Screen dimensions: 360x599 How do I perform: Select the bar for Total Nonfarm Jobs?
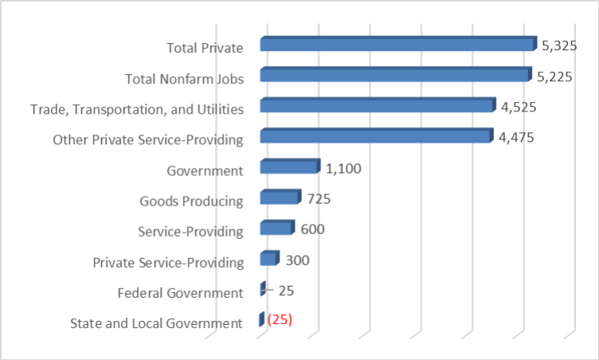pyautogui.click(x=394, y=75)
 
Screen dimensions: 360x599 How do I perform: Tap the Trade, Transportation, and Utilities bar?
pyautogui.click(x=377, y=106)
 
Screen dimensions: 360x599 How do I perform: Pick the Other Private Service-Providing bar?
pyautogui.click(x=375, y=137)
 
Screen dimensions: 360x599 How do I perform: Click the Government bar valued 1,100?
pyautogui.click(x=289, y=167)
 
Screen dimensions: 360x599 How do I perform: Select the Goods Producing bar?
pyautogui.click(x=280, y=198)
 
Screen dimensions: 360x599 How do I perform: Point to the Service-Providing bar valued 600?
pyautogui.click(x=276, y=229)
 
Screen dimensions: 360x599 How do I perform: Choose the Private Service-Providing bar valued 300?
pyautogui.click(x=268, y=260)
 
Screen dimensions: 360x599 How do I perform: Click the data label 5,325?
pyautogui.click(x=559, y=46)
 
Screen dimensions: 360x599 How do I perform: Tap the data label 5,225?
pyautogui.click(x=555, y=77)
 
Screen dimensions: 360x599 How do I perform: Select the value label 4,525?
pyautogui.click(x=519, y=108)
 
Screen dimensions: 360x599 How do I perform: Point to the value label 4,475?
pyautogui.click(x=515, y=139)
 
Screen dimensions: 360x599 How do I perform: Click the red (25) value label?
pyautogui.click(x=280, y=320)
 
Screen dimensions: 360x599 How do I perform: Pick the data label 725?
pyautogui.click(x=319, y=199)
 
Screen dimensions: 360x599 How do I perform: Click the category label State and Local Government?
pyautogui.click(x=156, y=323)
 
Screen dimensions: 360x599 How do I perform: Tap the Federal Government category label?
pyautogui.click(x=179, y=293)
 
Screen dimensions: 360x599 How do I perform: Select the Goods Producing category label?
pyautogui.click(x=190, y=201)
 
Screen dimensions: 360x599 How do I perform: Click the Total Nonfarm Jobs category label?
pyautogui.click(x=184, y=78)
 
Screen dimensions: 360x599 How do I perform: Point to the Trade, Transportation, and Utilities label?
pyautogui.click(x=136, y=109)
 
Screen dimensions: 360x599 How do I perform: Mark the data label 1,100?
pyautogui.click(x=344, y=169)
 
